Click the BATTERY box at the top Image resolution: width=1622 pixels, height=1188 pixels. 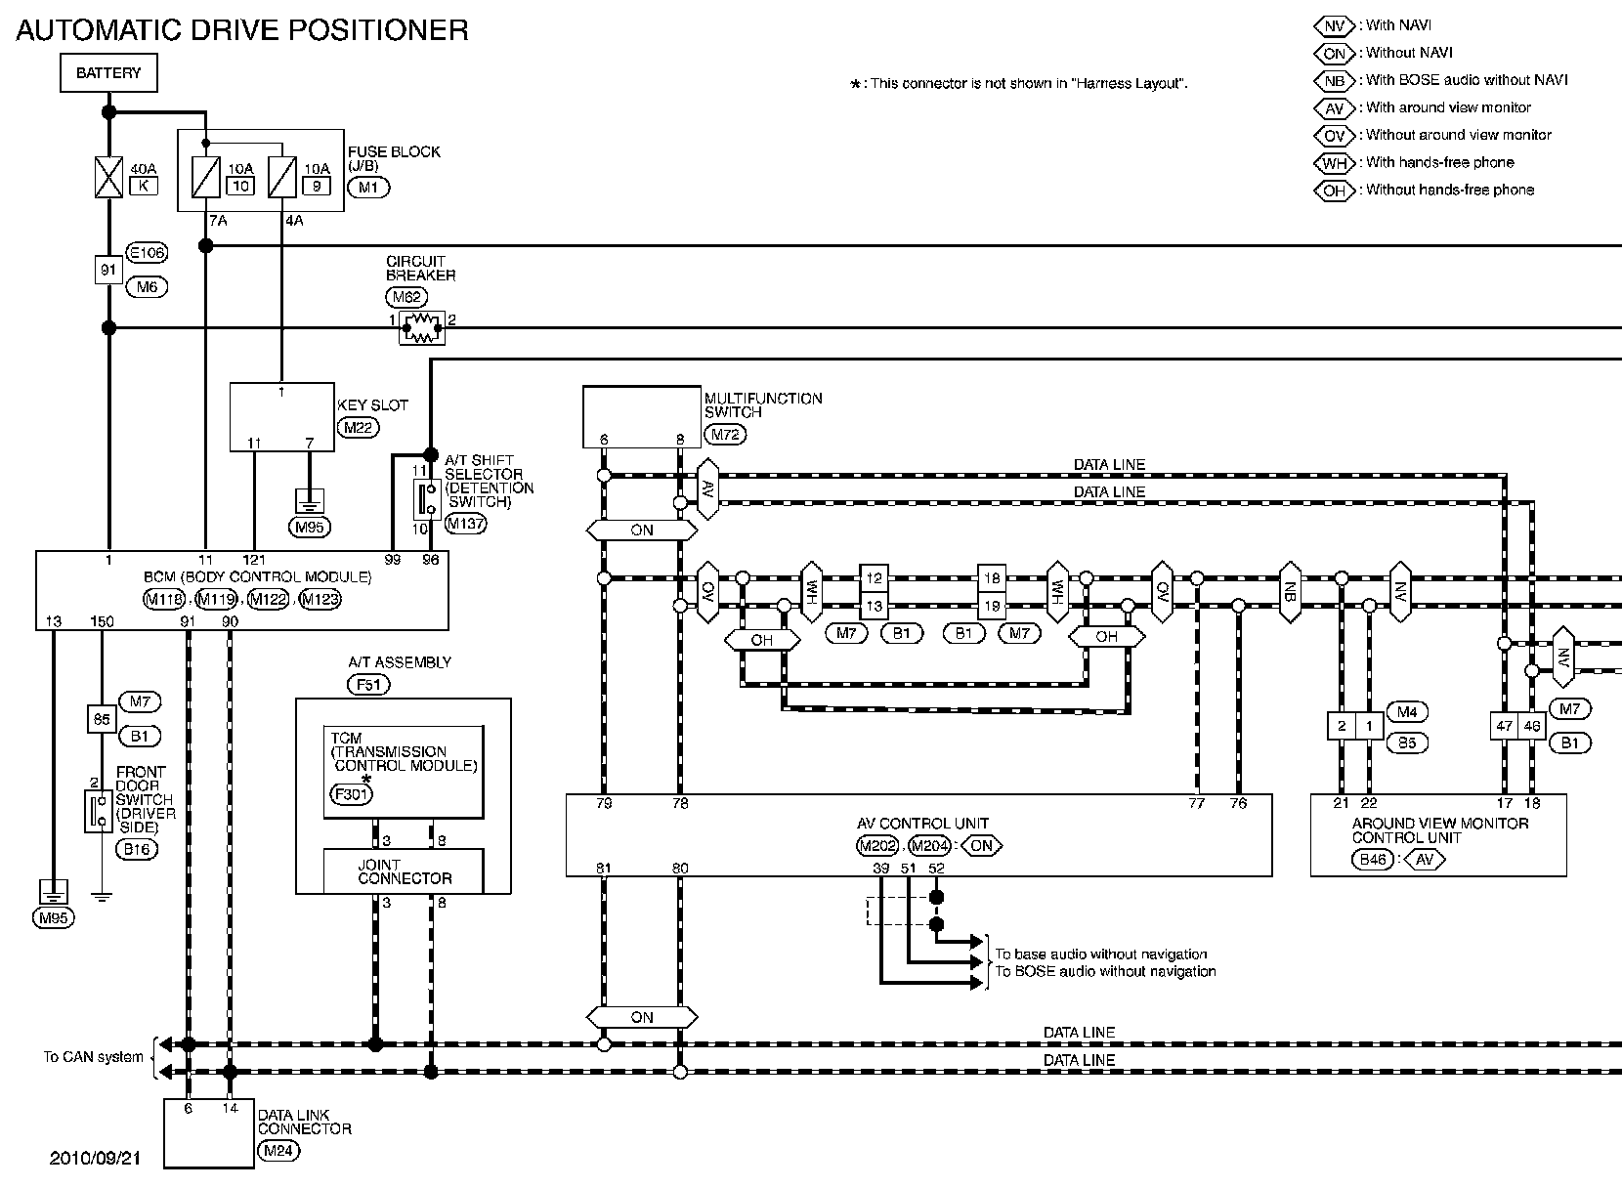pyautogui.click(x=108, y=73)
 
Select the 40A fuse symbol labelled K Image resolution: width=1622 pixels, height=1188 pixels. pyautogui.click(x=108, y=178)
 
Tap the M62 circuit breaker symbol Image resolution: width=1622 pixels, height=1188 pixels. pyautogui.click(x=421, y=328)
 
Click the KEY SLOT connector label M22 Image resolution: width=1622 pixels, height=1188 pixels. pyautogui.click(x=359, y=427)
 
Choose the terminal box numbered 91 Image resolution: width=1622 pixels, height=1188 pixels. pyautogui.click(x=108, y=270)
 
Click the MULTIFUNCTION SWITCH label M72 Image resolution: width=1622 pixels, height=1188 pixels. pyautogui.click(x=725, y=435)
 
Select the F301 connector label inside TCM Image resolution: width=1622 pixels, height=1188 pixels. pyautogui.click(x=350, y=794)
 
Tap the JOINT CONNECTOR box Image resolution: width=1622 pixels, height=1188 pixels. pyautogui.click(x=404, y=871)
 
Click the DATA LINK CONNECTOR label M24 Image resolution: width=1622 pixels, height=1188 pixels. pyautogui.click(x=277, y=1151)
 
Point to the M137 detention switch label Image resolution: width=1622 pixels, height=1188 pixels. pyautogui.click(x=465, y=524)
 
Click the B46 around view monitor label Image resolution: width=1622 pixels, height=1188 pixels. pyautogui.click(x=1373, y=860)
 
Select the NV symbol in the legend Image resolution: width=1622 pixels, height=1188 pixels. pyautogui.click(x=1335, y=26)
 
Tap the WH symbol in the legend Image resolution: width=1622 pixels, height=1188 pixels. pyautogui.click(x=1335, y=163)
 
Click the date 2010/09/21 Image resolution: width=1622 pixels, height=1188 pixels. pyautogui.click(x=95, y=1158)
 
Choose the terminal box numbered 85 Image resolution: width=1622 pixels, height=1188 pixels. pyautogui.click(x=101, y=718)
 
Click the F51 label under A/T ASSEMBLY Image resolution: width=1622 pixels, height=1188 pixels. pyautogui.click(x=368, y=684)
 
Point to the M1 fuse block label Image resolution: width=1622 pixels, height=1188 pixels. pyautogui.click(x=367, y=187)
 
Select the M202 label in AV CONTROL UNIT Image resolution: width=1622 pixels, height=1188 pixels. pyautogui.click(x=876, y=846)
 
